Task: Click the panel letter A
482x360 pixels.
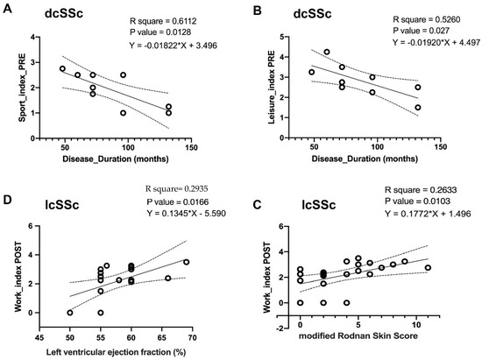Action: [x=11, y=11]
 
